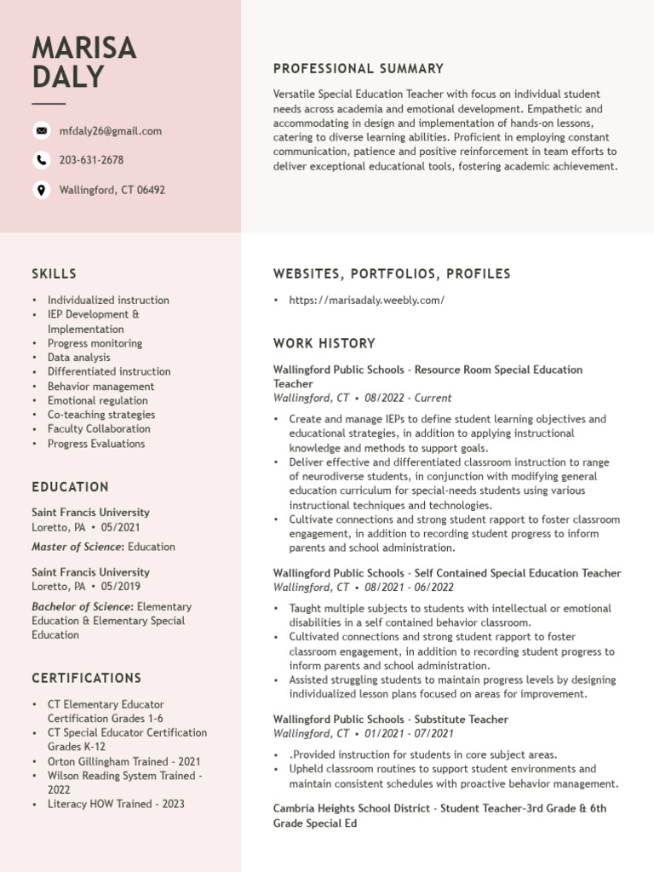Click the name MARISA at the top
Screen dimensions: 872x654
tap(83, 48)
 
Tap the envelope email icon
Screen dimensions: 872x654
tap(41, 130)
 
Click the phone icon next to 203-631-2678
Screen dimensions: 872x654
tap(41, 160)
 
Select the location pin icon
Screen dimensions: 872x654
tap(41, 190)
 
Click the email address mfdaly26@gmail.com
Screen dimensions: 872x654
tap(110, 131)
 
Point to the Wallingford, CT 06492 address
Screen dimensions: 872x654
tap(112, 190)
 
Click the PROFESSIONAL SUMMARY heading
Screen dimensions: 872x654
tap(358, 69)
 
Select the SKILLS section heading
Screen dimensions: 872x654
tap(54, 274)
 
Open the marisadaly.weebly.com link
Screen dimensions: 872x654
tap(366, 301)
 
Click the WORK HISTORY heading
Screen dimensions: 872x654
tap(324, 344)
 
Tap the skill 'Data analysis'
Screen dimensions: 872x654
tap(78, 358)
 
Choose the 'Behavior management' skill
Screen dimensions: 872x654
tap(100, 387)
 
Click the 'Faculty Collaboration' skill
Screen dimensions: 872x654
tap(99, 429)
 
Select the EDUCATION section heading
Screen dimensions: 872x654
tap(70, 487)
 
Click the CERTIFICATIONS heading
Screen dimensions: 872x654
tap(86, 679)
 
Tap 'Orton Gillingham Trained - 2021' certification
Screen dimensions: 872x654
tap(123, 761)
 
